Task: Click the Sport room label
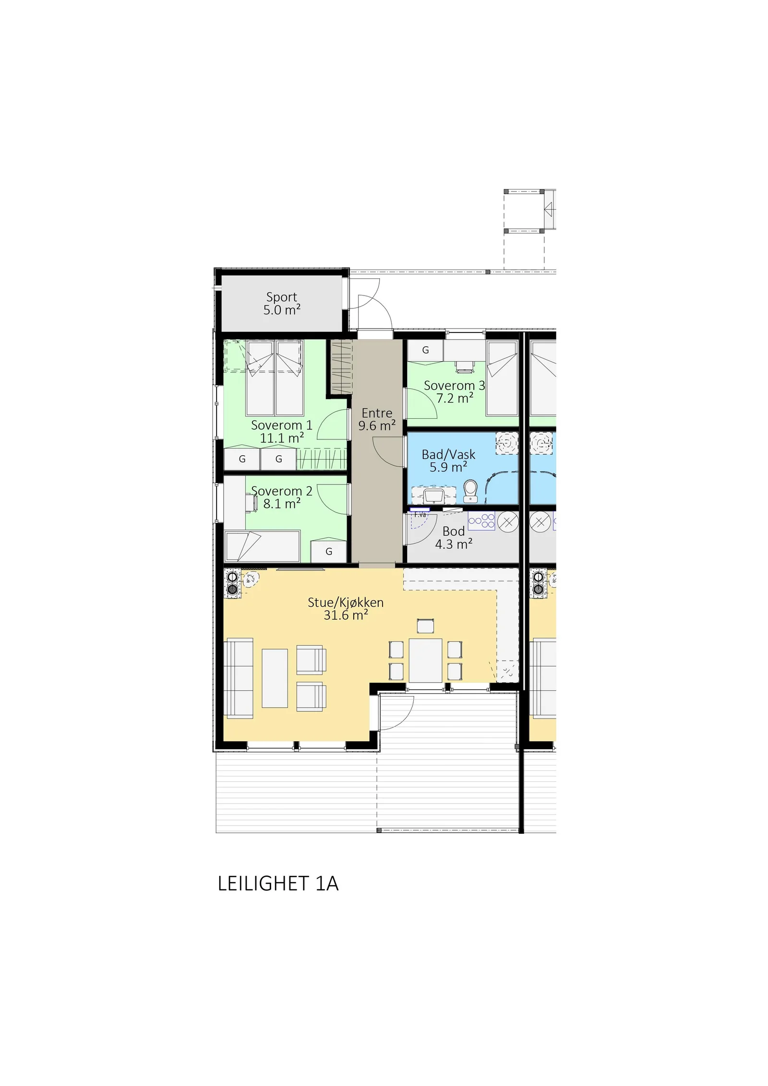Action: [x=282, y=303]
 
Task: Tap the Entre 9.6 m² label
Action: [x=377, y=419]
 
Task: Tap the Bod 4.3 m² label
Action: [x=454, y=538]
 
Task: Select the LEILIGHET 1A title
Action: [x=278, y=884]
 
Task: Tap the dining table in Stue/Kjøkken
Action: [x=425, y=660]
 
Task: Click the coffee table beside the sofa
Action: [x=275, y=678]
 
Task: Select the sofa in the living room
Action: [x=239, y=678]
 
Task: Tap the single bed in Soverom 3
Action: [x=502, y=378]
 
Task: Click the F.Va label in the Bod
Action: [x=420, y=514]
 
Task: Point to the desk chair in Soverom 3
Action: [x=464, y=367]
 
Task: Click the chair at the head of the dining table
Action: [x=425, y=626]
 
